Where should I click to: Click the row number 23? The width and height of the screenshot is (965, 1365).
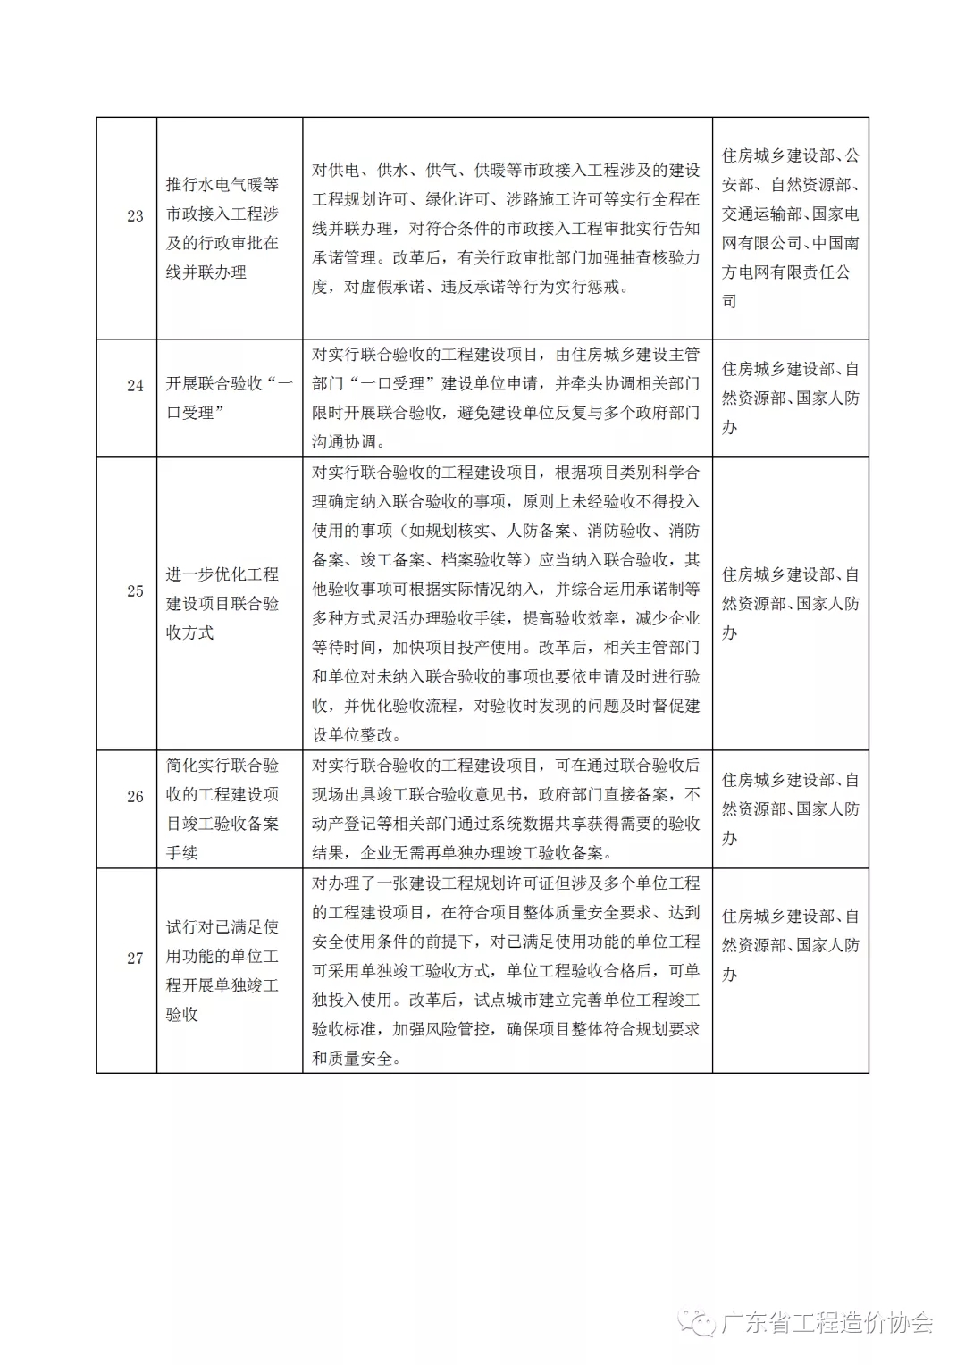click(x=135, y=215)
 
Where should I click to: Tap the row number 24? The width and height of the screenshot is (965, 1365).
click(x=135, y=386)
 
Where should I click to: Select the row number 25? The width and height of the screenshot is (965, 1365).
click(x=135, y=590)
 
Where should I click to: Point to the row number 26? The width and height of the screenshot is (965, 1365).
click(x=135, y=796)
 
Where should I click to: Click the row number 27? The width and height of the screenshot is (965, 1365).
click(x=135, y=958)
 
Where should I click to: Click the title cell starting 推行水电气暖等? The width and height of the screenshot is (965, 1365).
click(x=222, y=228)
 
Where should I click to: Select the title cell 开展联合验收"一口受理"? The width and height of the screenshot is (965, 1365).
click(x=229, y=398)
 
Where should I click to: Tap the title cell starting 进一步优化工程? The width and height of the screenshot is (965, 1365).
click(x=222, y=603)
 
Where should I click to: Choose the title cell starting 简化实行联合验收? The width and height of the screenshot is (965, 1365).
click(x=222, y=808)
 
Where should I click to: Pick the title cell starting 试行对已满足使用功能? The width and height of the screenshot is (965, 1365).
click(x=222, y=970)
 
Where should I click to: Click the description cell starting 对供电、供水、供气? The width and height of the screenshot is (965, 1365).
click(x=506, y=228)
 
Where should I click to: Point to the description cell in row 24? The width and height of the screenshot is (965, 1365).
click(x=506, y=398)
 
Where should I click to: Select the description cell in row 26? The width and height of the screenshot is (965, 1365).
click(x=506, y=808)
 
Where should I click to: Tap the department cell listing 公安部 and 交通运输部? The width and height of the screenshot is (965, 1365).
click(x=790, y=228)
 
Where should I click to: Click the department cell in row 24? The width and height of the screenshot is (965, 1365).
click(x=790, y=398)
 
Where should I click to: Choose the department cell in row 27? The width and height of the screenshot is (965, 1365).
click(x=790, y=945)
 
